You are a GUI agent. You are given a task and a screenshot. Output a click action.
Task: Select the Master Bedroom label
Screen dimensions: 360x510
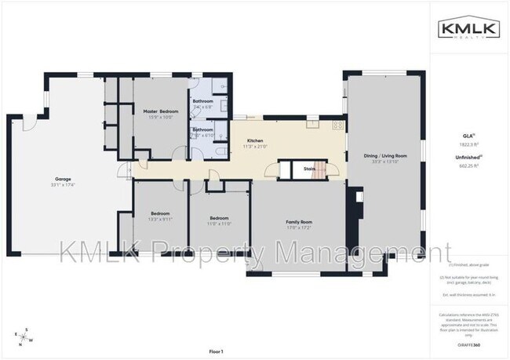[x=160, y=111]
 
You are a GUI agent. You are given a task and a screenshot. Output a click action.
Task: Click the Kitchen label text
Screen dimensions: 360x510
[x=255, y=140]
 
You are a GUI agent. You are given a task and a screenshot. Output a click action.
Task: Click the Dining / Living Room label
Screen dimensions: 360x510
[x=385, y=155]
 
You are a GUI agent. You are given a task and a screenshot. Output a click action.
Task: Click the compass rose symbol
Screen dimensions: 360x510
[x=24, y=336]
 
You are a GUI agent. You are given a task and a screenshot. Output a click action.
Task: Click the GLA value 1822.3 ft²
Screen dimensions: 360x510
[x=469, y=146]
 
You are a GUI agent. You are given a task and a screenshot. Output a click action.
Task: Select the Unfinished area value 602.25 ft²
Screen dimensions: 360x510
[x=469, y=165]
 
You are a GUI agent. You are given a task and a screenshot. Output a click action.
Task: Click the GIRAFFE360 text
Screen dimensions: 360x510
[x=469, y=344]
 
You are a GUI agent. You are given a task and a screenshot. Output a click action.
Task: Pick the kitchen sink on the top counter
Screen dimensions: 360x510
[x=250, y=118]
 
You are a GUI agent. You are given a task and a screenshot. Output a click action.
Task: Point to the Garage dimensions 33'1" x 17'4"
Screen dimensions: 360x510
[x=63, y=184]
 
